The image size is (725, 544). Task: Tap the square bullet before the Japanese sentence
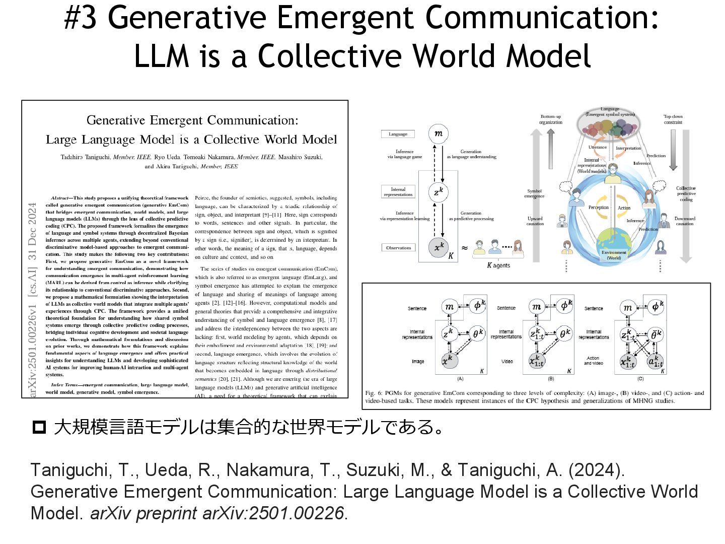coord(39,428)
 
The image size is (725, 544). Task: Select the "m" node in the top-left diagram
coord(439,133)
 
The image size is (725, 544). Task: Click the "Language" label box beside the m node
coord(398,134)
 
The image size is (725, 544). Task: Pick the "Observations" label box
coord(398,248)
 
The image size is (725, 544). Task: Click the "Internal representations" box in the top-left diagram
coord(398,192)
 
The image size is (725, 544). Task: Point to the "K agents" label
coord(498,265)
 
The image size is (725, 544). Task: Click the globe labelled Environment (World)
coord(614,245)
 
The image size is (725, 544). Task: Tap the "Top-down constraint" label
coord(673,119)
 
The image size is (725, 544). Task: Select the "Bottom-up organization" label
coord(550,119)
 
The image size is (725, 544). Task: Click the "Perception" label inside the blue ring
coord(598,208)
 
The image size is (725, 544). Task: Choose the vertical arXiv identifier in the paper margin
coord(33,300)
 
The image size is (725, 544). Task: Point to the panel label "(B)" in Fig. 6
coord(551,378)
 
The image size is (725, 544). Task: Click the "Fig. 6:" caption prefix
coord(374,393)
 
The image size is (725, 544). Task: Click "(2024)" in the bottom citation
coord(597,470)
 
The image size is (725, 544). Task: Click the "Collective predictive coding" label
coord(686,193)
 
